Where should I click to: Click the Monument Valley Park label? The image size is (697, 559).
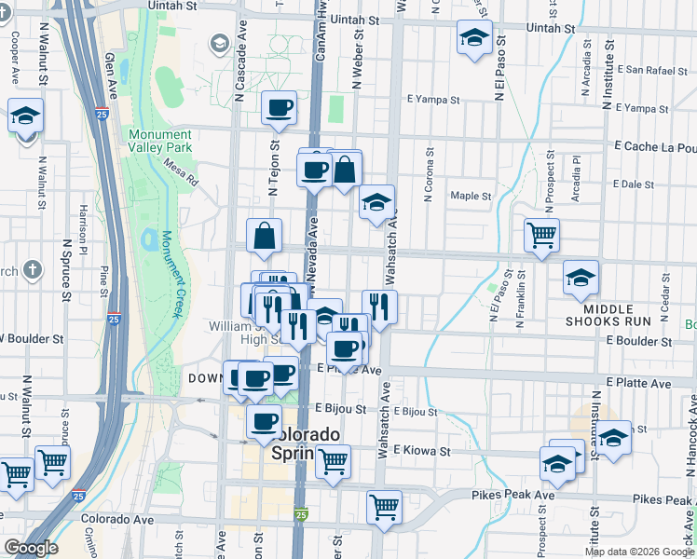(x=160, y=141)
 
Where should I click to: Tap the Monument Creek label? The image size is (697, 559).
(x=173, y=270)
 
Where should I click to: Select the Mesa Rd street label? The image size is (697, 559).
(x=181, y=172)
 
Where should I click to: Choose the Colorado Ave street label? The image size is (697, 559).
(x=116, y=519)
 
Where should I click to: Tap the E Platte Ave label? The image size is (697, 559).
(x=638, y=383)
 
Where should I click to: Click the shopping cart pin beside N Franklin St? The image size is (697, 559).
(x=540, y=235)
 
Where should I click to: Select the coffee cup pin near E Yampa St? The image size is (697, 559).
(x=279, y=108)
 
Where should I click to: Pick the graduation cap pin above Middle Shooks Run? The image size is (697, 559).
(x=581, y=277)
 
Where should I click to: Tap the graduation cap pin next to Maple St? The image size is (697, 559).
(x=376, y=202)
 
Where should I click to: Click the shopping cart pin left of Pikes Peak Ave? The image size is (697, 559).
(x=384, y=506)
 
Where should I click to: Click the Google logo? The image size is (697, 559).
(x=30, y=548)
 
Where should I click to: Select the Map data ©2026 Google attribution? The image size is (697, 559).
(x=639, y=552)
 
